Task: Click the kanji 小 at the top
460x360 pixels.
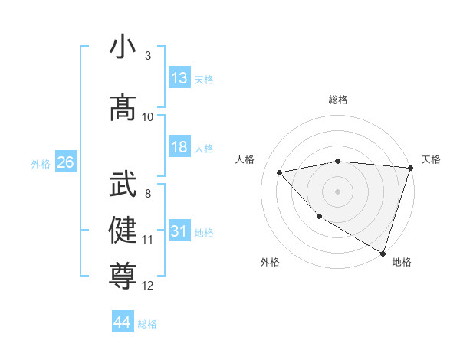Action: point(123,47)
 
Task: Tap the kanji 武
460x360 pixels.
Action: point(123,185)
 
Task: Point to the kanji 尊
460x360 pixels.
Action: point(123,274)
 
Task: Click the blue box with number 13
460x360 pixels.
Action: point(179,78)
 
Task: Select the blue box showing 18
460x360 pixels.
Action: point(179,147)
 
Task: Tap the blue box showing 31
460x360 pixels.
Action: point(179,231)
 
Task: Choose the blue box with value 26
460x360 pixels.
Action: point(65,162)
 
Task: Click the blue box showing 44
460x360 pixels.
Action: point(122,322)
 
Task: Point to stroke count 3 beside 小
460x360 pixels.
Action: point(148,56)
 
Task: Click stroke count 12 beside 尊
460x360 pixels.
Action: point(148,286)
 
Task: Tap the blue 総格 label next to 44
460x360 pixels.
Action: point(147,324)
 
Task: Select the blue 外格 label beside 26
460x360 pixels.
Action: point(41,164)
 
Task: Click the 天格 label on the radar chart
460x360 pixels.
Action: point(431,159)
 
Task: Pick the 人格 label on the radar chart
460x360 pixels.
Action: point(245,159)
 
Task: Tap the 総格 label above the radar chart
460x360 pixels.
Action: point(337,100)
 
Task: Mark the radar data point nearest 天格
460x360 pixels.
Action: point(410,168)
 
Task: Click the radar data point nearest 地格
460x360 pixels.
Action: point(383,252)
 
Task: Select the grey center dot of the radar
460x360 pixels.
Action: point(337,191)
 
